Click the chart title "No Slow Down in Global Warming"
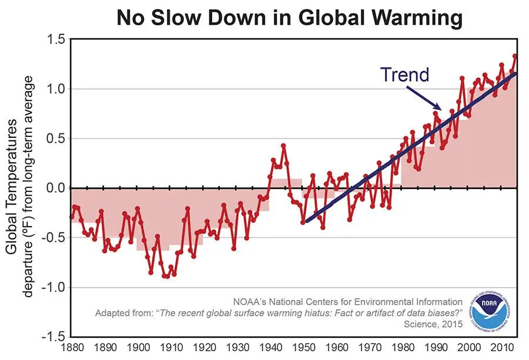pos(290,17)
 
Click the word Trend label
pos(404,75)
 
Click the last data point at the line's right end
pos(515,56)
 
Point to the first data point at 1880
pos(72,217)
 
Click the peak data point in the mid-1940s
pos(283,146)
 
